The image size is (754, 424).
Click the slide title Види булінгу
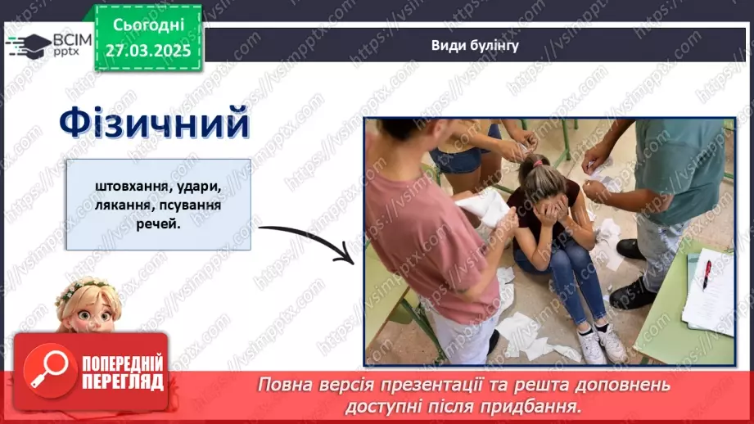(x=475, y=46)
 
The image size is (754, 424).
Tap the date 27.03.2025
(x=148, y=51)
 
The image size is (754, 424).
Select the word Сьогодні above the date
(x=148, y=26)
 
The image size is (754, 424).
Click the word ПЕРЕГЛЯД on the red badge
(x=123, y=381)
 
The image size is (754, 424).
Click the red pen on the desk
(x=706, y=273)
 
